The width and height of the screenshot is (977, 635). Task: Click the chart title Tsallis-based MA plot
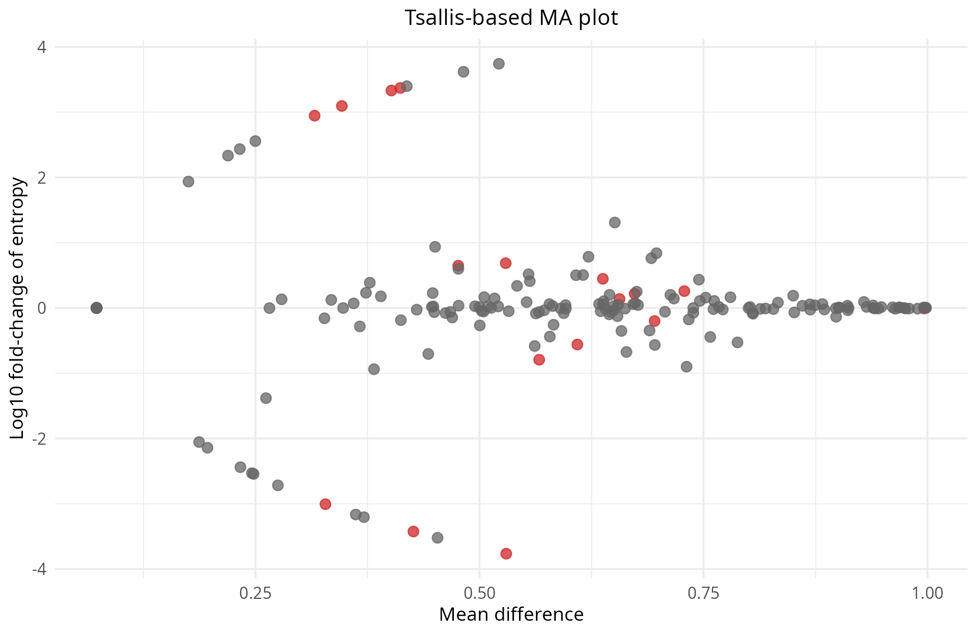coord(511,18)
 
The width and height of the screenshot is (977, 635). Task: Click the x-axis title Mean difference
coord(511,615)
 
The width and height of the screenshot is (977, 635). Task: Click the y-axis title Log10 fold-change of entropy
coord(17,308)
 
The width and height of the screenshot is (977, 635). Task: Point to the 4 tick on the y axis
coord(42,47)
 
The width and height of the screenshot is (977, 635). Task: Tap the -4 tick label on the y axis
coord(39,569)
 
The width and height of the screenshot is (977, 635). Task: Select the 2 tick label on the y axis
coord(42,178)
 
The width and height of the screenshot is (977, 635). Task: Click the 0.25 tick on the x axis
coord(255,593)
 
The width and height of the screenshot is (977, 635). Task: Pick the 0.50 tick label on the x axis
coord(479,593)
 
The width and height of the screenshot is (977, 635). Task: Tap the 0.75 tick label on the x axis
coord(703,593)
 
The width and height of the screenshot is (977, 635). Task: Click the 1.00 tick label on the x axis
coord(927,593)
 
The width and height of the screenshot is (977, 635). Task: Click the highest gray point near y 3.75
coord(499,64)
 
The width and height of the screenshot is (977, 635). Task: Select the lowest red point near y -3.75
coord(506,554)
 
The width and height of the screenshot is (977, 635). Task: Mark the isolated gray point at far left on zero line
coord(96,308)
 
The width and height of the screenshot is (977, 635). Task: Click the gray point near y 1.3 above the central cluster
coord(615,222)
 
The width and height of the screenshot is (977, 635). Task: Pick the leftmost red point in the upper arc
coord(314,116)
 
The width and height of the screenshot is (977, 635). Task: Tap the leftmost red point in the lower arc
coord(325,504)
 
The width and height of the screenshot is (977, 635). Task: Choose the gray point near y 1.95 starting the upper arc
coord(188,182)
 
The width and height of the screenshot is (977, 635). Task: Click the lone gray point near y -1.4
coord(266,398)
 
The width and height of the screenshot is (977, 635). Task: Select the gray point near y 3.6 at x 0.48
coord(463,72)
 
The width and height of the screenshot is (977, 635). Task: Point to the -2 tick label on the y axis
coord(39,439)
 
